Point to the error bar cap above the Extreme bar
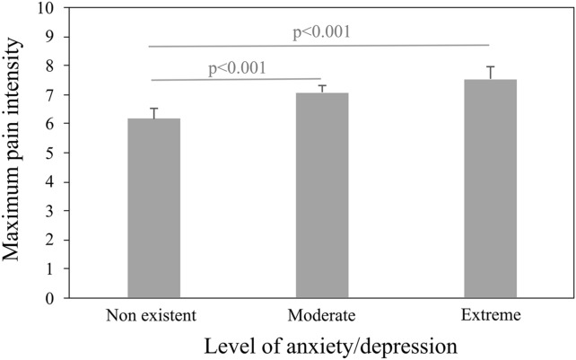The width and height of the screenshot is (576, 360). [490, 66]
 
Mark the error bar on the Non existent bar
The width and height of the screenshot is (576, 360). [153, 112]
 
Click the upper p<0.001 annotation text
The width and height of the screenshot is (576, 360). [320, 32]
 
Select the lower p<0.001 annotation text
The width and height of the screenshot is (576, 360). [236, 67]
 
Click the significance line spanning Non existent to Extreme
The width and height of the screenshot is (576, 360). [319, 45]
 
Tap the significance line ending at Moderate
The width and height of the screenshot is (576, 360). [236, 79]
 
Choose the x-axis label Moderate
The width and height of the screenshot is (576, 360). [322, 315]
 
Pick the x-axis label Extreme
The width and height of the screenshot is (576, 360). [490, 315]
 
